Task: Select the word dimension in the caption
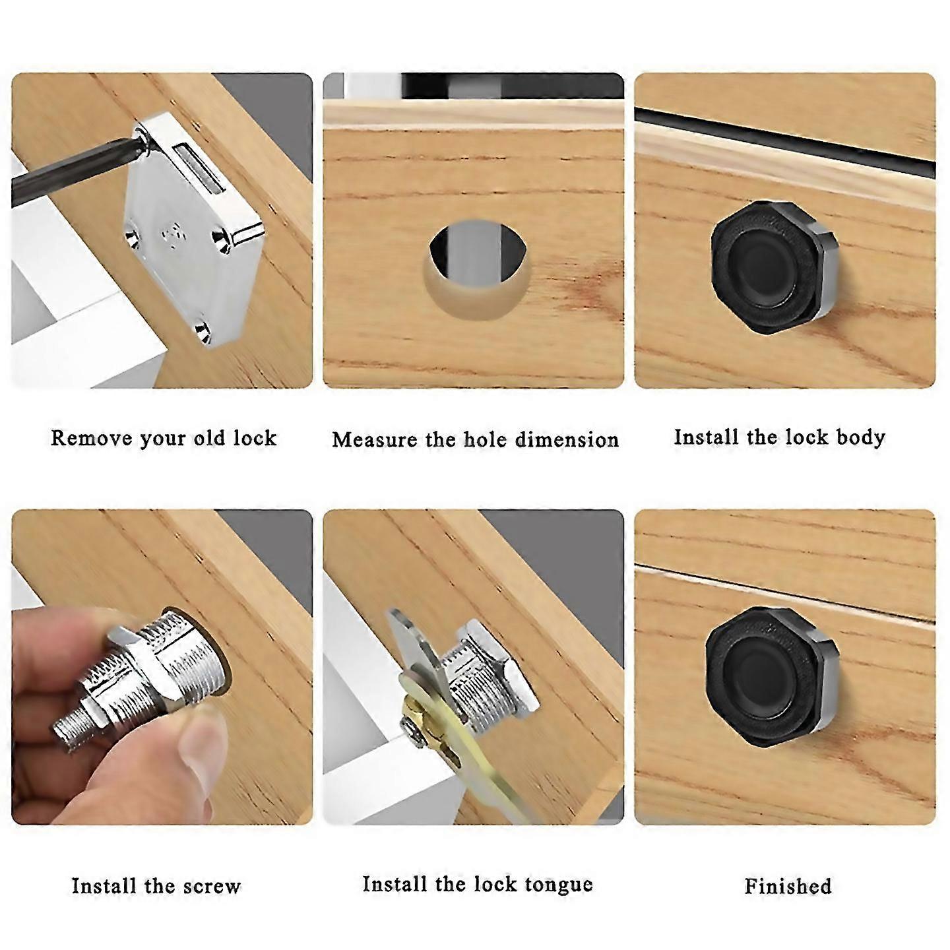pyautogui.click(x=567, y=439)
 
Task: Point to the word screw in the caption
pyautogui.click(x=211, y=886)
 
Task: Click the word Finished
pyautogui.click(x=788, y=886)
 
